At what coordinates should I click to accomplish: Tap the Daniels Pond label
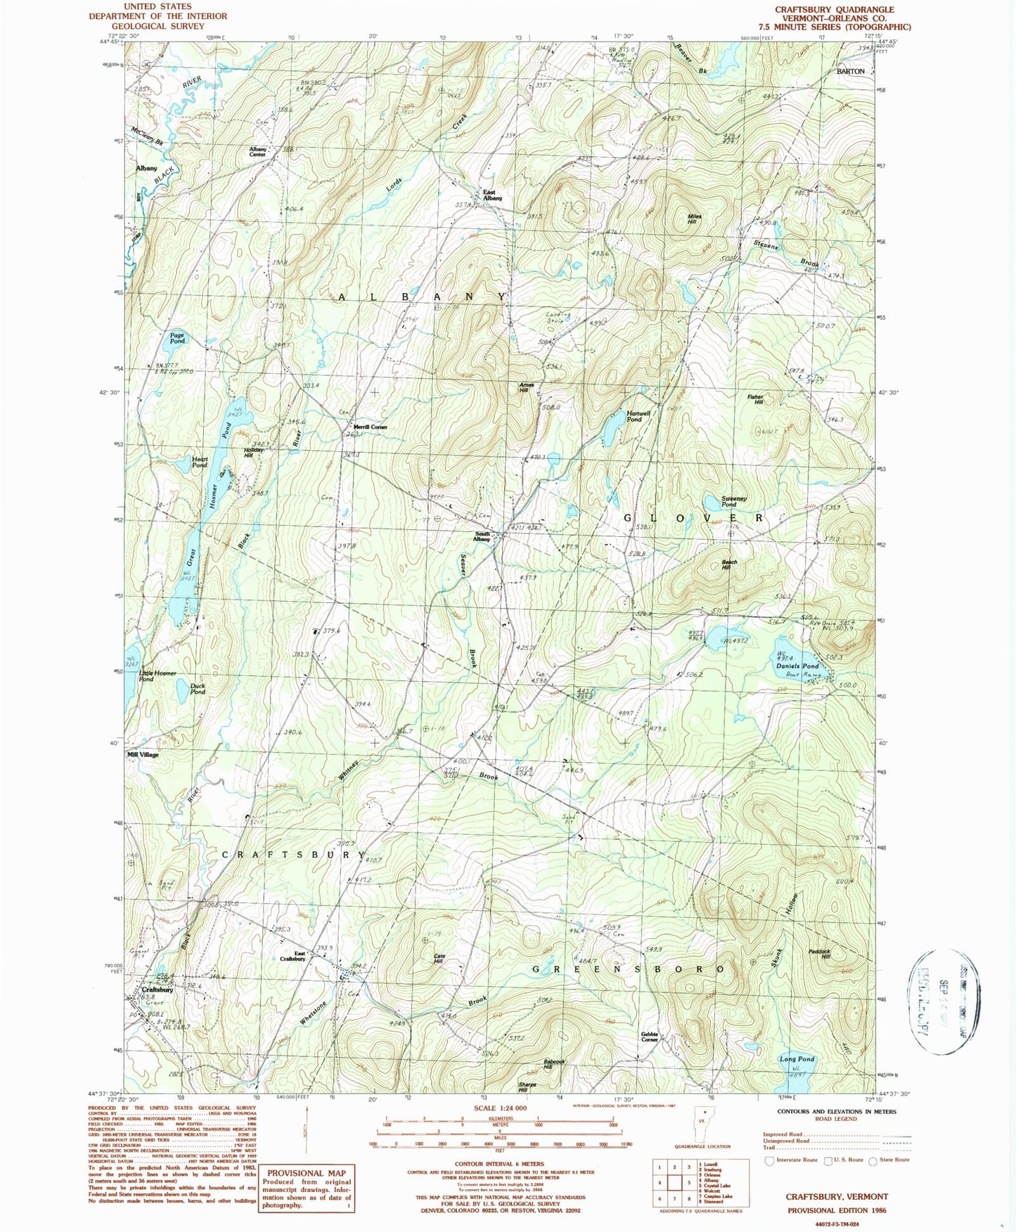[797, 666]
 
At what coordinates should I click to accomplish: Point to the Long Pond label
[797, 1058]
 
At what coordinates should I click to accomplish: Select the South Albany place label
[482, 536]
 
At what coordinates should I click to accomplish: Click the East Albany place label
[492, 195]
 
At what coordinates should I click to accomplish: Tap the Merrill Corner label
[370, 427]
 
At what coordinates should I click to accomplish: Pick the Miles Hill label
[694, 219]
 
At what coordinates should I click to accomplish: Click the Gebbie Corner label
[649, 1037]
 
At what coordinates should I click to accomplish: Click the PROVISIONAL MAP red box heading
[306, 1173]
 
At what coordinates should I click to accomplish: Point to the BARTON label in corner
[851, 72]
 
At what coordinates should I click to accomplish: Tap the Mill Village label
[143, 755]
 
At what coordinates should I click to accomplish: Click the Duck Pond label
[198, 689]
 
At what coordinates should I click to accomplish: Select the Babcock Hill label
[553, 1063]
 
